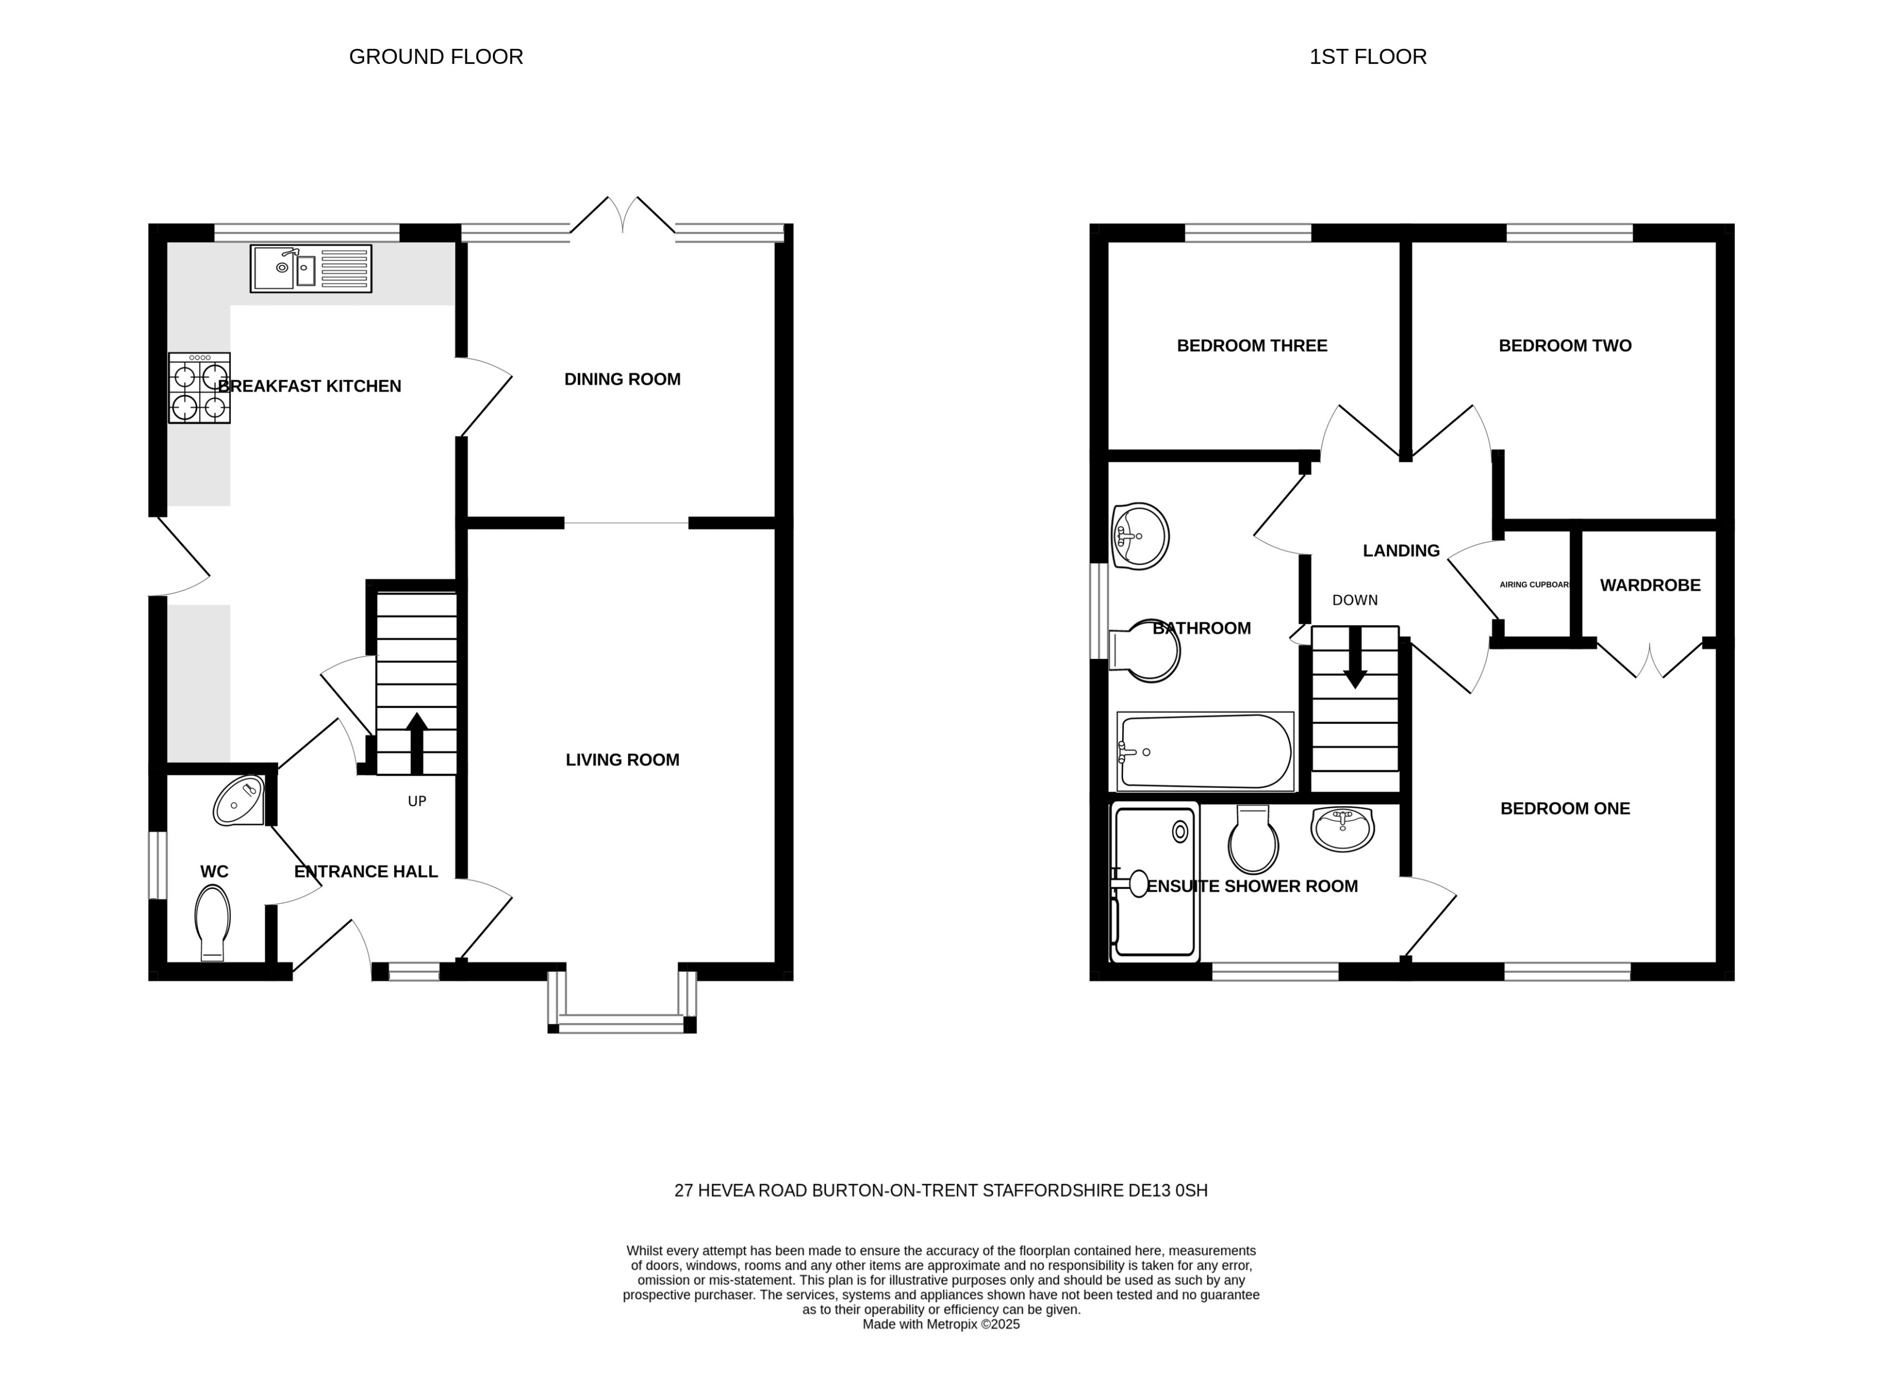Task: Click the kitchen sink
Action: click(311, 269)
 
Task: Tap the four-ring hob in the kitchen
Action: click(200, 388)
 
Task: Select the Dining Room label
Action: click(622, 379)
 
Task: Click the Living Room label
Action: click(622, 759)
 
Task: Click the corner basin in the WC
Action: click(239, 801)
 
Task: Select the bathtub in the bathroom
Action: click(1205, 751)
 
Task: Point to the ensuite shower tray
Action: click(1155, 880)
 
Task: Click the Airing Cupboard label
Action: click(1534, 585)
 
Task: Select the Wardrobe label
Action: click(1650, 585)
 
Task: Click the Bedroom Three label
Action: click(1252, 345)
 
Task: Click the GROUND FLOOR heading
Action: click(436, 57)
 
